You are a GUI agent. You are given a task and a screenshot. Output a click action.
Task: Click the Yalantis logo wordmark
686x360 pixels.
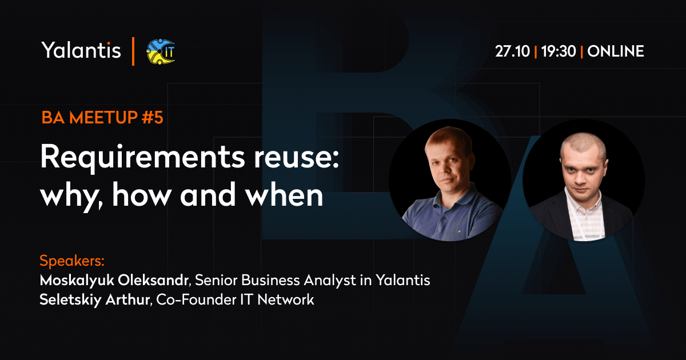pyautogui.click(x=81, y=50)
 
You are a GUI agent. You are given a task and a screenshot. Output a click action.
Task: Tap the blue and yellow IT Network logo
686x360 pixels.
pyautogui.click(x=161, y=51)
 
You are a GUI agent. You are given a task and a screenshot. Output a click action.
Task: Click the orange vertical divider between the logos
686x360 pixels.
pyautogui.click(x=133, y=51)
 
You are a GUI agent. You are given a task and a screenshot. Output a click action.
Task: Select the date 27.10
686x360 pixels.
pyautogui.click(x=512, y=51)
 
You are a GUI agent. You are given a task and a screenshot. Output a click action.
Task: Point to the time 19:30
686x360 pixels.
pyautogui.click(x=559, y=51)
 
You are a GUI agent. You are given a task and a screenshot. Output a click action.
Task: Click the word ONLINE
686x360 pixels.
pyautogui.click(x=616, y=51)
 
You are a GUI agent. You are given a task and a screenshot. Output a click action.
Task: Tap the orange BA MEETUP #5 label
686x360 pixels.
pyautogui.click(x=102, y=117)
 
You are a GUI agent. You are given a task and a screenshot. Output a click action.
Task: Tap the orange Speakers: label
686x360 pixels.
pyautogui.click(x=72, y=261)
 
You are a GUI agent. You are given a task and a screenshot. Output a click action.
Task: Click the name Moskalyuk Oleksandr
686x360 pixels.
pyautogui.click(x=114, y=281)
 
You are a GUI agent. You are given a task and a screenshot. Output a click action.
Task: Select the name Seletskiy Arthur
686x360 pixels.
pyautogui.click(x=95, y=299)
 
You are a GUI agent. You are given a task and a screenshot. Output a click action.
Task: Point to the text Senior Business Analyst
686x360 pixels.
pyautogui.click(x=276, y=281)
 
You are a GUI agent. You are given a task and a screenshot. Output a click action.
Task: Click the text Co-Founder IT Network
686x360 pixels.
pyautogui.click(x=235, y=299)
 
